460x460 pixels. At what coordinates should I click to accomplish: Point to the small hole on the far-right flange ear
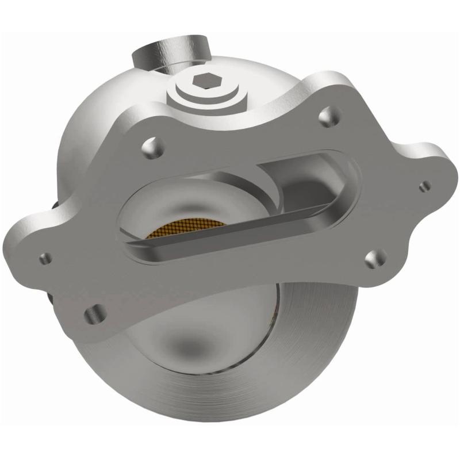click(425, 185)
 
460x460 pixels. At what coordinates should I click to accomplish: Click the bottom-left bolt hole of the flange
click(92, 314)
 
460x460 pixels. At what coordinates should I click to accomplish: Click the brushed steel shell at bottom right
click(322, 368)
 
